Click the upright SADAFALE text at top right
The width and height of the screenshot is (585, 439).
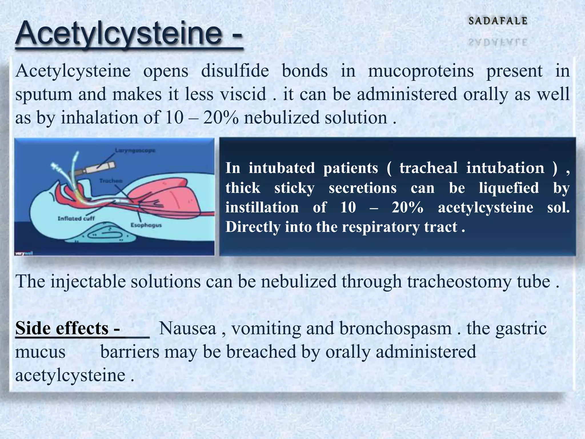[498, 21]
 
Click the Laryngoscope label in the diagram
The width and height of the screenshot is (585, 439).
[135, 150]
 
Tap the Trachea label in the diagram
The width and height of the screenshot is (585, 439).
[111, 181]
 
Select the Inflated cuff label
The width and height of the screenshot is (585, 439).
[76, 218]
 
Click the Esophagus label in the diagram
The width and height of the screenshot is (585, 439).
[146, 225]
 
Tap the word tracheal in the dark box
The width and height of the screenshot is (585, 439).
[428, 168]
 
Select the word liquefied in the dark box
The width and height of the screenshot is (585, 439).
[509, 188]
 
